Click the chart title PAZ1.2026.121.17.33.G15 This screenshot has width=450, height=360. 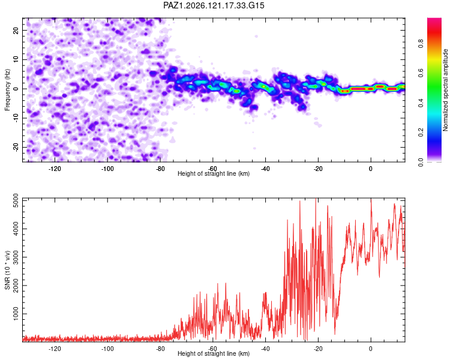(214, 5)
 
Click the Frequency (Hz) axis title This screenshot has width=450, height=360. (7, 90)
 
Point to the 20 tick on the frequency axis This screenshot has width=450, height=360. (16, 30)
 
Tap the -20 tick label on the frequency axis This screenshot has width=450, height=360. (16, 147)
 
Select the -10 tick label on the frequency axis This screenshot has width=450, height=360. (16, 118)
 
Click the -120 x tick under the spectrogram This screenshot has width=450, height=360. (55, 169)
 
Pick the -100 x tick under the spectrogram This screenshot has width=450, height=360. (107, 169)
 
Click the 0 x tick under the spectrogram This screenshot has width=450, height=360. (371, 169)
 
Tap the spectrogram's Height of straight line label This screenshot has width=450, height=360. (214, 173)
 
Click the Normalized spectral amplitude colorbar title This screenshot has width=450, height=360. (445, 90)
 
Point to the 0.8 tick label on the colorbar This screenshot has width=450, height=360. (421, 44)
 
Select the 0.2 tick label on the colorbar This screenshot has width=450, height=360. (421, 133)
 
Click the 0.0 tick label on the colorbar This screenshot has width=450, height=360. (421, 162)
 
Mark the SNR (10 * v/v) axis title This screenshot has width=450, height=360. (7, 270)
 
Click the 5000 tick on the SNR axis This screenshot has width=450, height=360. (16, 200)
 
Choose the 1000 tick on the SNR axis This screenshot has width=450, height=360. (16, 314)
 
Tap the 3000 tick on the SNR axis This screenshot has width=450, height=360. (16, 257)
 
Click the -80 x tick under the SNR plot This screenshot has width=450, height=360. (160, 349)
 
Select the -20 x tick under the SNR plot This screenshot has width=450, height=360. (318, 349)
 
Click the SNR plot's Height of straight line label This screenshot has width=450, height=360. (214, 353)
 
